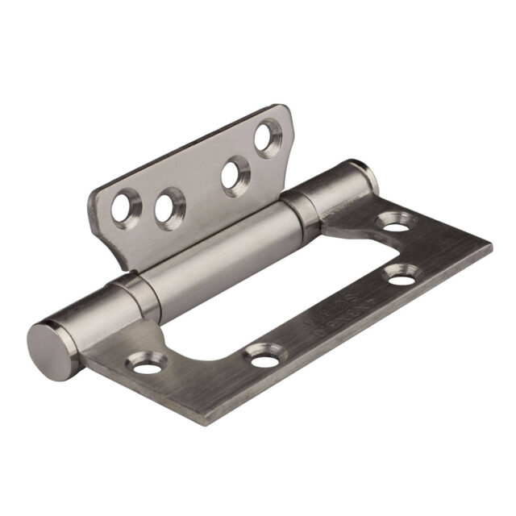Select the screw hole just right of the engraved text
click(402, 277)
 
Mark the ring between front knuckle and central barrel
click(131, 286)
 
